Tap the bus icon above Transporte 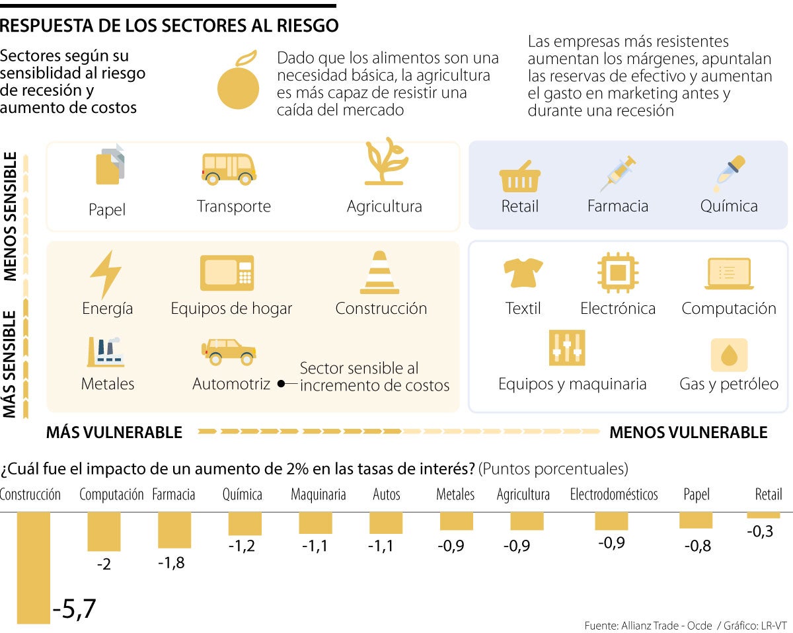point(229,168)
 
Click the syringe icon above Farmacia point(618,174)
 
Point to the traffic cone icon point(379,272)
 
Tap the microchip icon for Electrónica point(617,272)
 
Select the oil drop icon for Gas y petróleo point(729,355)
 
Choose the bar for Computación point(104,531)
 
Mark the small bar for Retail point(764,515)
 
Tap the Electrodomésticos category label point(614,494)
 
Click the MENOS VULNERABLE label point(688,433)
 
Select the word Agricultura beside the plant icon point(384,206)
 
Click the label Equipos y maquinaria point(572,384)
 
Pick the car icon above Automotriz point(229,352)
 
